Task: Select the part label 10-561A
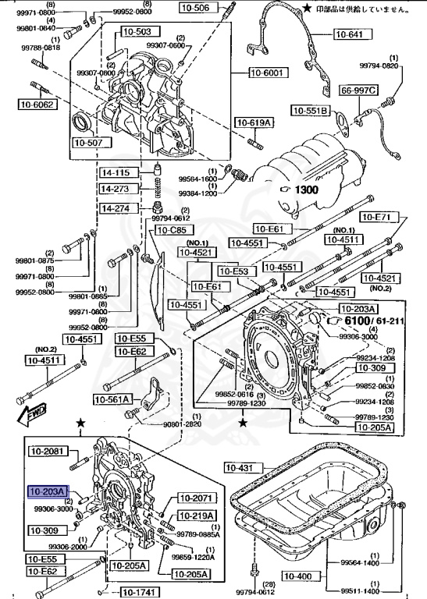click(114, 399)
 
